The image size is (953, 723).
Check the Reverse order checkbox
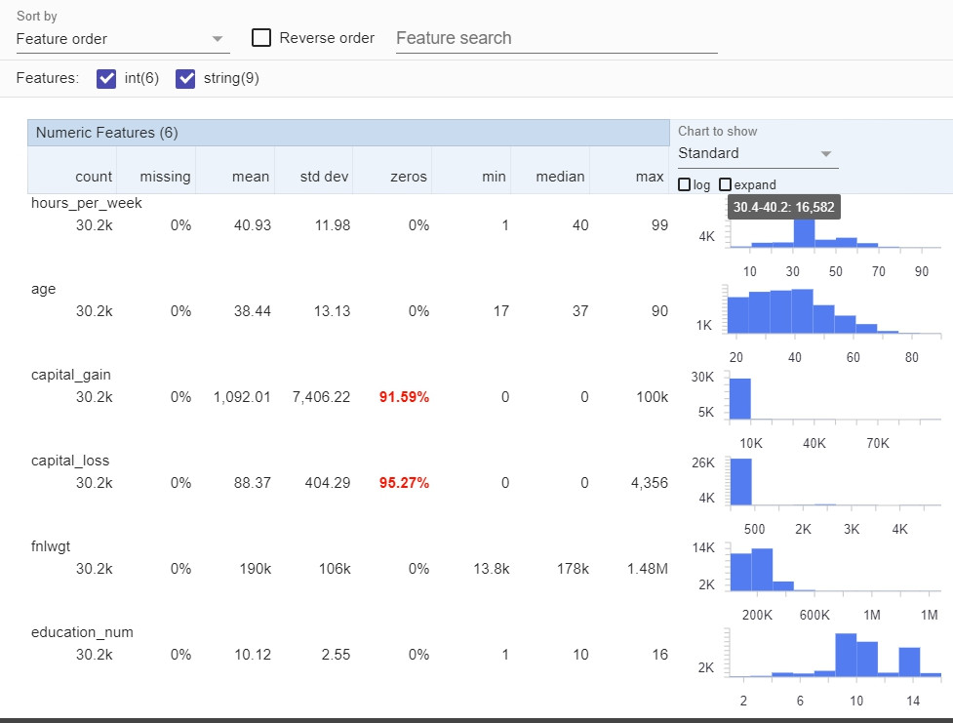tap(261, 38)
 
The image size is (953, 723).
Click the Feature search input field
tap(556, 38)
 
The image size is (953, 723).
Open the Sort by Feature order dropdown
tap(123, 39)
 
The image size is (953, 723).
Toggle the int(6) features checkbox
tap(107, 79)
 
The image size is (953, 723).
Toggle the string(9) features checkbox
tap(185, 79)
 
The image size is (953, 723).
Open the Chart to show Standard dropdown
tap(757, 153)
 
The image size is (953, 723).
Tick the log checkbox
tap(684, 184)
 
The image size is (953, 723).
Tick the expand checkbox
tap(725, 184)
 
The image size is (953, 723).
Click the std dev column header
tap(323, 177)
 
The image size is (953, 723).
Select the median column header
tap(560, 177)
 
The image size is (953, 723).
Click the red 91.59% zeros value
tap(405, 397)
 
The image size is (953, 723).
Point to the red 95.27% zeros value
tap(405, 483)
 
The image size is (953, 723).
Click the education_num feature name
tap(82, 632)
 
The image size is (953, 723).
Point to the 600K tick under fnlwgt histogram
tap(814, 615)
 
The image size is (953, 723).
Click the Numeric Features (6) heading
tap(107, 133)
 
